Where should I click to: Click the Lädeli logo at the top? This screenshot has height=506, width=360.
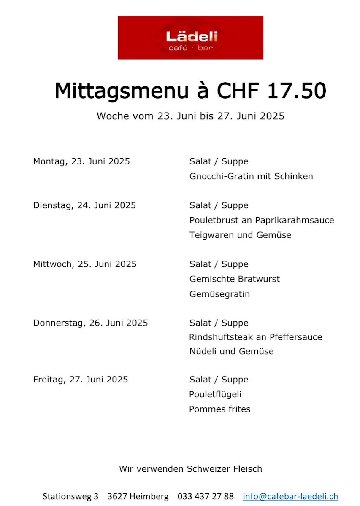191,38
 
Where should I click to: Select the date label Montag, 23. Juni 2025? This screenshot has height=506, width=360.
81,161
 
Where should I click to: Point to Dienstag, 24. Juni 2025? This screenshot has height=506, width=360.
84,205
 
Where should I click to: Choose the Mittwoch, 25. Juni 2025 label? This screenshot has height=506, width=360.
85,264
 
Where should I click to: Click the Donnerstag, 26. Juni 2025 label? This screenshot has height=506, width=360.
91,323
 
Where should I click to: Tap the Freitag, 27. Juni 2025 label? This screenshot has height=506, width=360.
81,379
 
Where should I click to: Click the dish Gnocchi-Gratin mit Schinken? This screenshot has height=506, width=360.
251,176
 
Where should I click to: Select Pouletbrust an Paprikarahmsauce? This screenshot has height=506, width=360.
262,220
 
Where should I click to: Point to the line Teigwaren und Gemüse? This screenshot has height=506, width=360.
240,235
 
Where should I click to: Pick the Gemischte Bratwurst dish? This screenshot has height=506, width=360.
235,279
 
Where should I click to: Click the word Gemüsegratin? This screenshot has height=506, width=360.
219,294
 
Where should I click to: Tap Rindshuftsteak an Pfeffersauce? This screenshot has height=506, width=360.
256,337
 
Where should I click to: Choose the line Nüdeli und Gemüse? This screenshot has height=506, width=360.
231,351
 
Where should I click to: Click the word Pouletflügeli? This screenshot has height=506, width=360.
215,395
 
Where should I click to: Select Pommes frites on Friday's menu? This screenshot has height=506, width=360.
219,409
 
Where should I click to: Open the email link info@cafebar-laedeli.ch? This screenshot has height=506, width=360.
290,496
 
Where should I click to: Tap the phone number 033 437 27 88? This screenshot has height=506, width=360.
206,496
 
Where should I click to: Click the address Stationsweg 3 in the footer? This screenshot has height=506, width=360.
70,496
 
